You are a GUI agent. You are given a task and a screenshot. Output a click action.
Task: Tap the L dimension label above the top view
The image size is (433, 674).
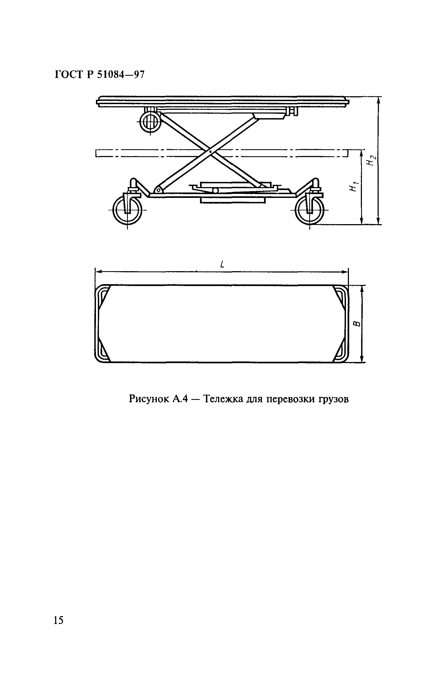coord(222,264)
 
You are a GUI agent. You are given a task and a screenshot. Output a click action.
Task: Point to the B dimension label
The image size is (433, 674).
coord(356,324)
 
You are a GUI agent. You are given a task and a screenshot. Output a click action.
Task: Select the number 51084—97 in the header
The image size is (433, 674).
coord(121,75)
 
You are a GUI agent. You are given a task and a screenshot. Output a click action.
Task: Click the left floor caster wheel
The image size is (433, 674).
coord(127,210)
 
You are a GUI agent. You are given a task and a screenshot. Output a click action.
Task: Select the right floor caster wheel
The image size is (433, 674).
coord(309,210)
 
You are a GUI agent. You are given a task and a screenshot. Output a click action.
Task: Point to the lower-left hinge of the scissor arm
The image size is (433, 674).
coord(159,190)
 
